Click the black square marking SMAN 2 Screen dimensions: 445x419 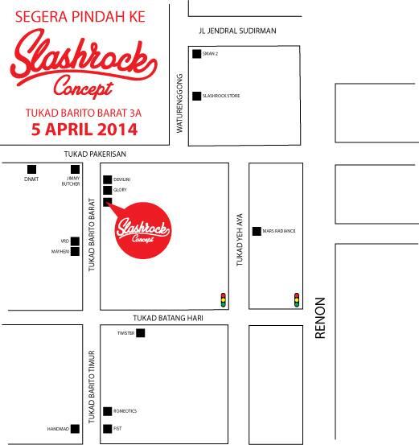[196, 54]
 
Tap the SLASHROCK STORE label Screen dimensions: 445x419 [223, 96]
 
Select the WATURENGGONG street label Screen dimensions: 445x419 [180, 104]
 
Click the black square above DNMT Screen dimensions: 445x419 [31, 169]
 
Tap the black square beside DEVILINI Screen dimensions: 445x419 [107, 179]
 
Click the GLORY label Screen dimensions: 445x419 [121, 190]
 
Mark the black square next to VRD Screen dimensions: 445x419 [75, 241]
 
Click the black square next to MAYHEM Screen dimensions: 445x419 [75, 251]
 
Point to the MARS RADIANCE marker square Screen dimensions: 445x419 [257, 231]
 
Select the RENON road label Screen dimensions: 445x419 [320, 318]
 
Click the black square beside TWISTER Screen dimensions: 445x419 [140, 333]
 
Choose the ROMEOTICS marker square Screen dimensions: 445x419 [107, 411]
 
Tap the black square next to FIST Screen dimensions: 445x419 [107, 429]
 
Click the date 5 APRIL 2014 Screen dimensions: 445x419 [84, 129]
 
